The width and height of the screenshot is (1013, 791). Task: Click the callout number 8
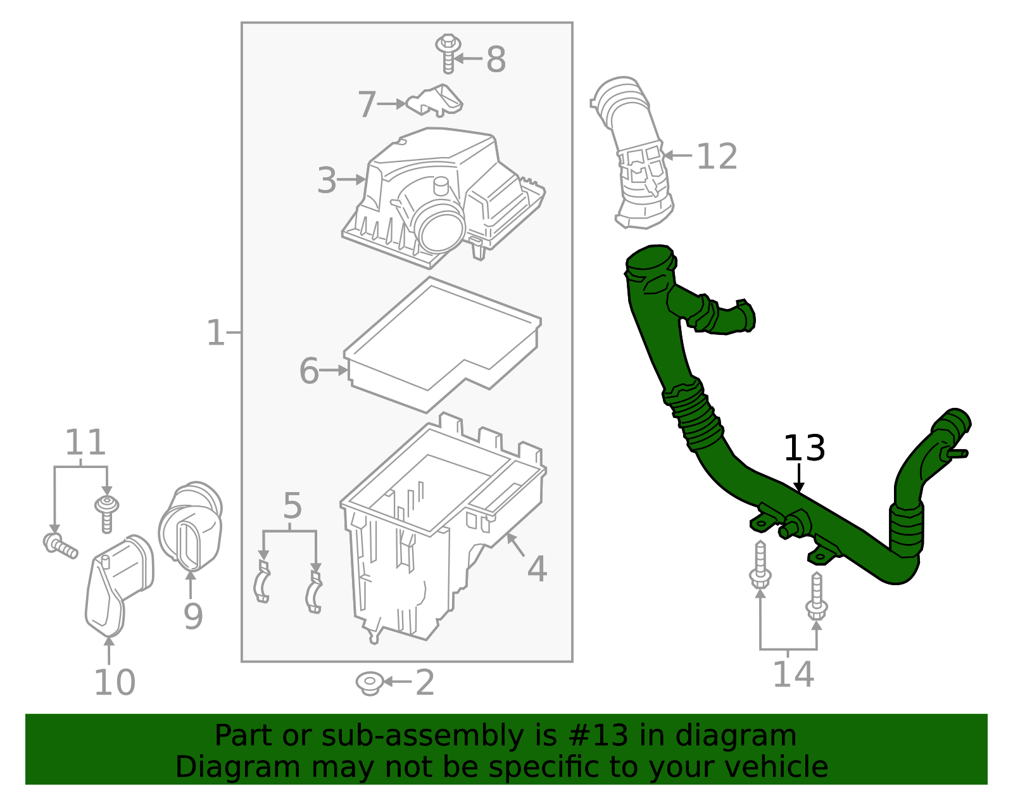click(496, 60)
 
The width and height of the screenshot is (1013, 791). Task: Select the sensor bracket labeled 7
click(437, 101)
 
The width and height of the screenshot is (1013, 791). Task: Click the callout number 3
click(327, 180)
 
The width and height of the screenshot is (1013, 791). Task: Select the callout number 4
click(537, 569)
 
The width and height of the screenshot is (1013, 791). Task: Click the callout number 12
click(717, 157)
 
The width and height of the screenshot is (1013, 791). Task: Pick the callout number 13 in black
click(804, 448)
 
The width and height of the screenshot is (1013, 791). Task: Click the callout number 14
click(793, 674)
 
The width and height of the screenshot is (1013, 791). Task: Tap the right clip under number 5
click(313, 592)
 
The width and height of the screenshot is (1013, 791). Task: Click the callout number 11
click(85, 443)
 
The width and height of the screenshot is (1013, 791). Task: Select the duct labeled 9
click(190, 526)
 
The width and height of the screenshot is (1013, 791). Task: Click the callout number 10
click(115, 683)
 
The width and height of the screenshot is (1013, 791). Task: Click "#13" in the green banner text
click(598, 736)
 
